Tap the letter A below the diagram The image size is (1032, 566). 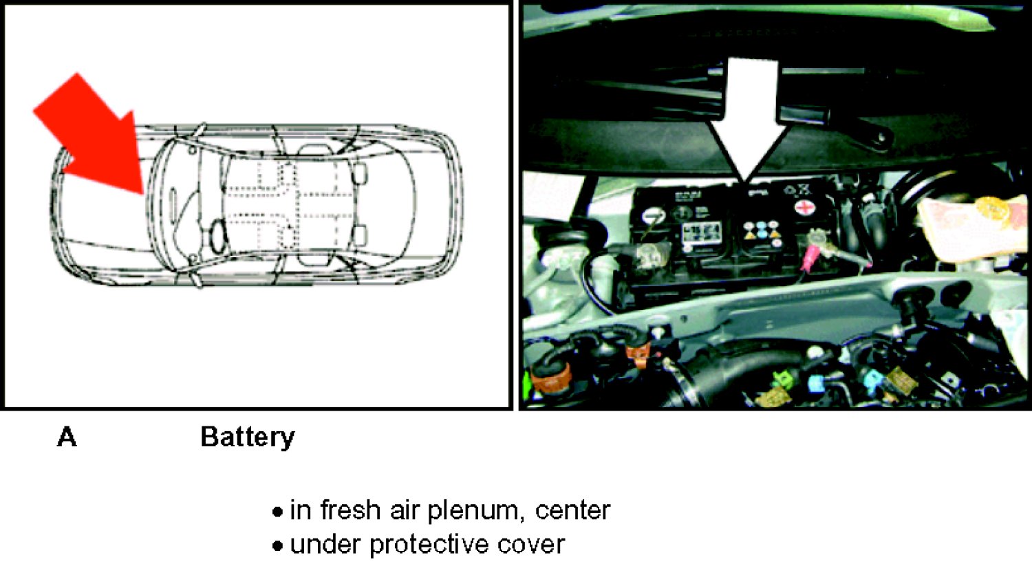[x=67, y=437]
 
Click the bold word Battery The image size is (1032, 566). [x=248, y=437]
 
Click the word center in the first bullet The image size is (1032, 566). [x=572, y=511]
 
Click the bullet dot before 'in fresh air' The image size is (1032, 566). [x=277, y=512]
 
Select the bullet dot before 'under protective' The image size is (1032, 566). [x=277, y=546]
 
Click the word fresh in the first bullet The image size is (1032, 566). [x=350, y=510]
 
